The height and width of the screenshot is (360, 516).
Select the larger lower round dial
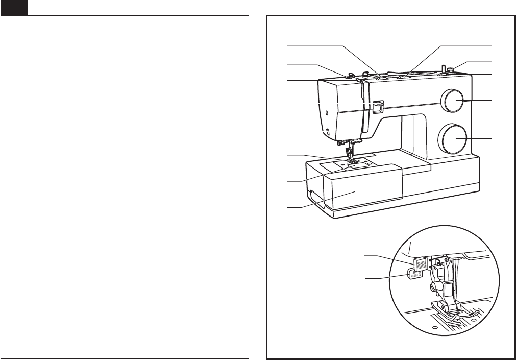click(454, 138)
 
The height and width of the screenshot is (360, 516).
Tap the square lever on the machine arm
click(377, 106)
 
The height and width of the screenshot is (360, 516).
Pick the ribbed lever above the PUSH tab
click(420, 264)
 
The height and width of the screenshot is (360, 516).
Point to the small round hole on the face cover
click(324, 109)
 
